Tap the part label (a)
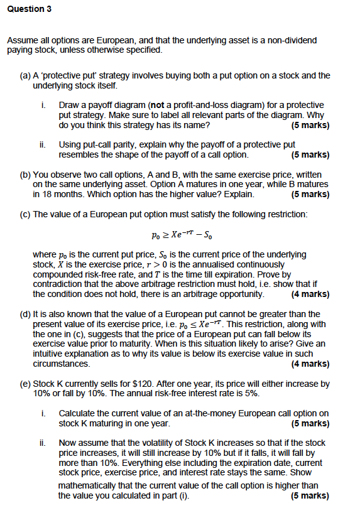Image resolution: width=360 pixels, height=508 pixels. pos(26,75)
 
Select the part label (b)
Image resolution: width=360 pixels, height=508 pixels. pos(26,175)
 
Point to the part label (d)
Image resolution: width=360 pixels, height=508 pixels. pos(26,314)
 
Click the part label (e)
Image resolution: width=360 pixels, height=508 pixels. pos(26,384)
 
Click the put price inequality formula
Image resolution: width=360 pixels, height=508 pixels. pos(180,235)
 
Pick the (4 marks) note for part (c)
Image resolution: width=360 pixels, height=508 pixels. pos(310,294)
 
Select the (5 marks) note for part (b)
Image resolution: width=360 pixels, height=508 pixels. pos(310,194)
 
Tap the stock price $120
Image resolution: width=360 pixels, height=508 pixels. pos(138,384)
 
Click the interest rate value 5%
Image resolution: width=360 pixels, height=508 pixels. pos(263,394)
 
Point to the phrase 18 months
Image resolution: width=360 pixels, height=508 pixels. pos(62,194)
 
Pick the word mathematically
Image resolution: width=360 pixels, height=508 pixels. pos(87,486)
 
